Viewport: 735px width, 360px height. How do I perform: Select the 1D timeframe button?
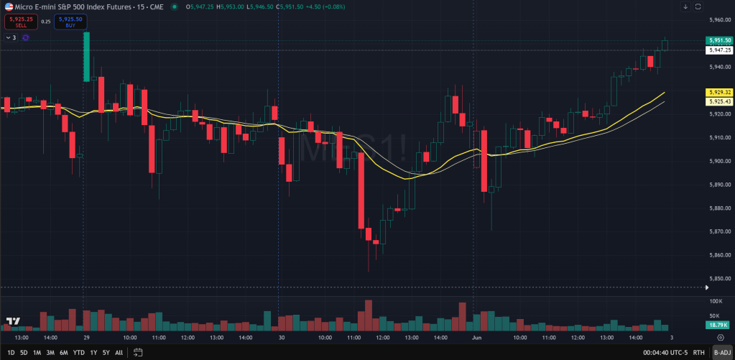[x=10, y=352]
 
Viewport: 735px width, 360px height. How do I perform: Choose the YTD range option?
[x=78, y=352]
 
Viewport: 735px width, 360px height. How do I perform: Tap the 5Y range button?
[x=106, y=352]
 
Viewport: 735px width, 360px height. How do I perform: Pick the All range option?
[x=119, y=352]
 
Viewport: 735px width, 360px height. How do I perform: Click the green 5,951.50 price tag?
[x=719, y=41]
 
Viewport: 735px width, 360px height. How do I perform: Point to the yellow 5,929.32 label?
[x=719, y=93]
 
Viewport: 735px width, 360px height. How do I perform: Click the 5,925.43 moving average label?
[x=719, y=101]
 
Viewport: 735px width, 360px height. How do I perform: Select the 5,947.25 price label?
[x=719, y=50]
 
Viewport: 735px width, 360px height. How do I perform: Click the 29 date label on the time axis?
[x=85, y=336]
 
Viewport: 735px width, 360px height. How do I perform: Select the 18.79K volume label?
[x=719, y=325]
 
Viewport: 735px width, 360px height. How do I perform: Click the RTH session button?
[x=698, y=352]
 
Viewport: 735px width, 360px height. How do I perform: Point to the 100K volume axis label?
[x=716, y=301]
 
